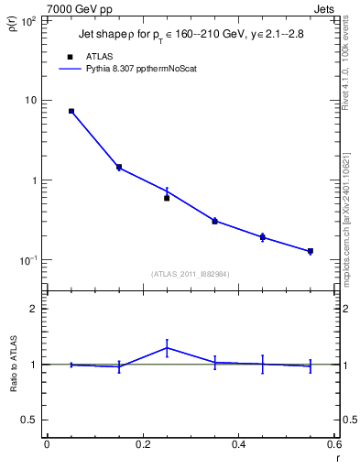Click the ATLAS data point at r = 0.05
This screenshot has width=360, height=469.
tap(71, 111)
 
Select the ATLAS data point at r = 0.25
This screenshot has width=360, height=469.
tap(167, 198)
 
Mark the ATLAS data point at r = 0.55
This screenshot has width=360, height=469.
tap(311, 251)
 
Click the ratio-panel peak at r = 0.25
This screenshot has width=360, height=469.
tap(167, 347)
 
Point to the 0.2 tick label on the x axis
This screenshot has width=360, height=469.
tap(142, 444)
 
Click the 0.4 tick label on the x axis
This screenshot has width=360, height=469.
tap(238, 444)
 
